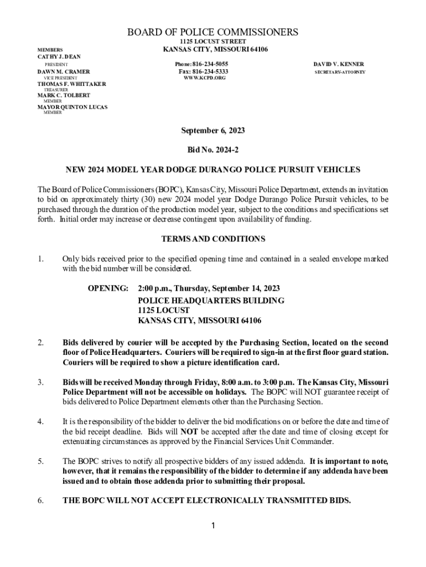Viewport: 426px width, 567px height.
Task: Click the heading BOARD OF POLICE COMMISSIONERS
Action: pos(213,32)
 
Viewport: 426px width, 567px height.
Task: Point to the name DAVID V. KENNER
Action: pos(339,64)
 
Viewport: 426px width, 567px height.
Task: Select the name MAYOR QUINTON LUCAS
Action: pos(72,107)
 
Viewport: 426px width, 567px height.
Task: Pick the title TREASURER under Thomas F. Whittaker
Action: pos(56,90)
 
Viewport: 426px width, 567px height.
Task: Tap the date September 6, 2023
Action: pos(213,131)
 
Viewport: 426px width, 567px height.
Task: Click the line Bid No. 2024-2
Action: pos(213,150)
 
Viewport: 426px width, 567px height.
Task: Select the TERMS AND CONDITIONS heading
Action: pos(213,239)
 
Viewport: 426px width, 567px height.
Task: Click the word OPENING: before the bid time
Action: pos(108,288)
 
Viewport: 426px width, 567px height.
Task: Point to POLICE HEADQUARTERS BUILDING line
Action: pos(211,300)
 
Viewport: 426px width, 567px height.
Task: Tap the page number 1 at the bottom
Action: pos(213,525)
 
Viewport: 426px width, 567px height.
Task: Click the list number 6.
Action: pos(40,501)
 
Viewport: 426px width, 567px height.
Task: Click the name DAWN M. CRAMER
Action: pos(63,72)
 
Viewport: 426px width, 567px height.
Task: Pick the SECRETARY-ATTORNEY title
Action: pos(340,73)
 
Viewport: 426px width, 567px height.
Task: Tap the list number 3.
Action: pos(40,383)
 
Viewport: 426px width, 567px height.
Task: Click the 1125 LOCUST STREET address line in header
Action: pos(213,42)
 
